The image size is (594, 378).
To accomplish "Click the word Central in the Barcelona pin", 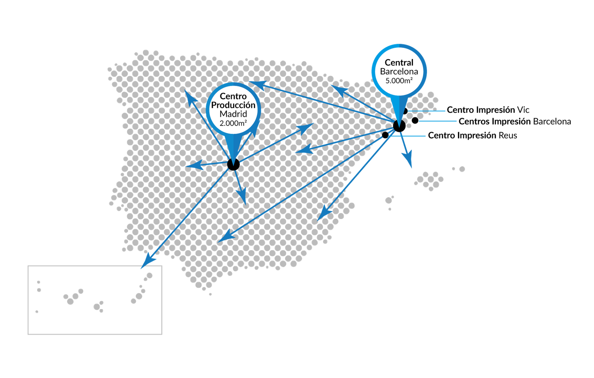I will pos(399,63).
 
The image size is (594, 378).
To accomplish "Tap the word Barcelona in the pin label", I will pos(399,72).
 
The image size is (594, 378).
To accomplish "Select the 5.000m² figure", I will pos(399,80).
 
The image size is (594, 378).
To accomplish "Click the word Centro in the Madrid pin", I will pos(233,96).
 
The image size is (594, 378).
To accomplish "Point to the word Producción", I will pos(233,105).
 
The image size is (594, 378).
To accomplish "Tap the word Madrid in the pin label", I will pos(233,114).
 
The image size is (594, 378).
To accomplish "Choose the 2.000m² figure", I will pos(233,123).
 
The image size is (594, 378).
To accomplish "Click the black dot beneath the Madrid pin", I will pos(233,164).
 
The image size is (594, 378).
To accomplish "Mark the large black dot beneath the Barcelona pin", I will pos(399,126).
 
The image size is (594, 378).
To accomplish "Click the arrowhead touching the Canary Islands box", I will pos(147,260).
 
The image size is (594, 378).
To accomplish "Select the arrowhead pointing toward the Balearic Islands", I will pos(409,162).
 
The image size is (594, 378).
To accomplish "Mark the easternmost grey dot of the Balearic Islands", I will pos(462,169).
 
